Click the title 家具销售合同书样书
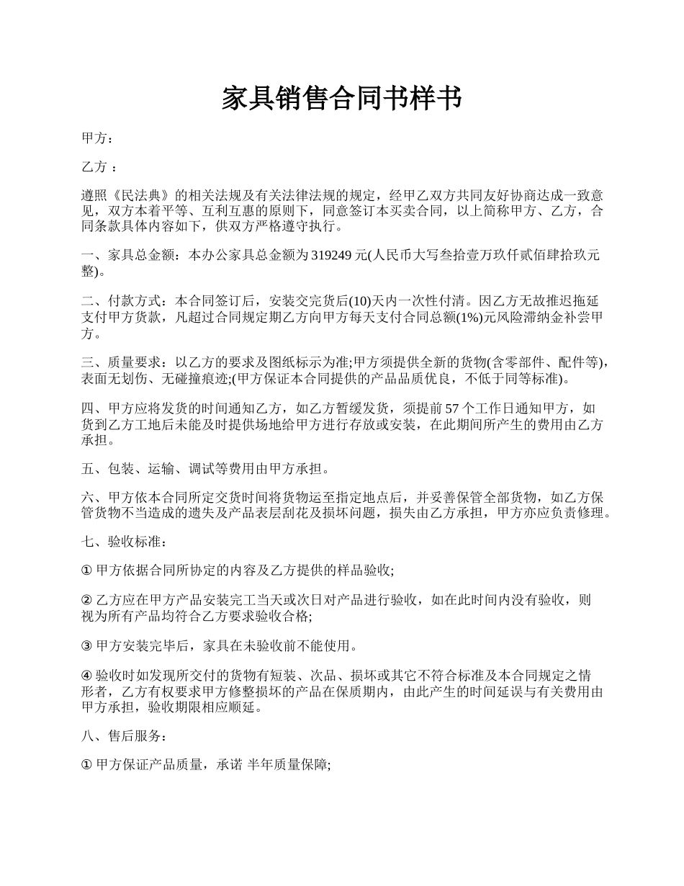tap(341, 99)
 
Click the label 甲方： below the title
tap(98, 139)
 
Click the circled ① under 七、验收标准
tap(87, 570)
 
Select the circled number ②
tap(87, 600)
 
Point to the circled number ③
tap(87, 645)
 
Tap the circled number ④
tap(87, 676)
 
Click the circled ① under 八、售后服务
tap(87, 766)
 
